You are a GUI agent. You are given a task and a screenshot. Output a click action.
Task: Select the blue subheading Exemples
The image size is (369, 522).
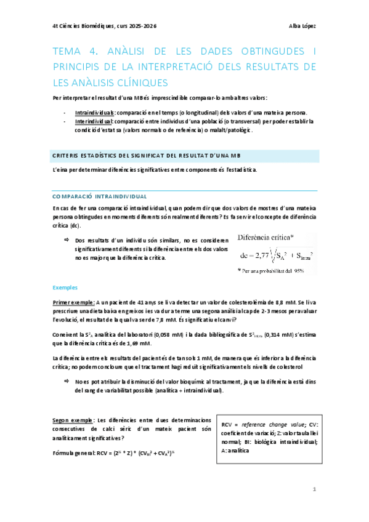point(64,287)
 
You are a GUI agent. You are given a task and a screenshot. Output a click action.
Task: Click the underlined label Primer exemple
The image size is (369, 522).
point(74,302)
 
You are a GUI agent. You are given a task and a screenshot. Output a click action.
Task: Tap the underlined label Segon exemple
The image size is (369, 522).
point(73,419)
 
